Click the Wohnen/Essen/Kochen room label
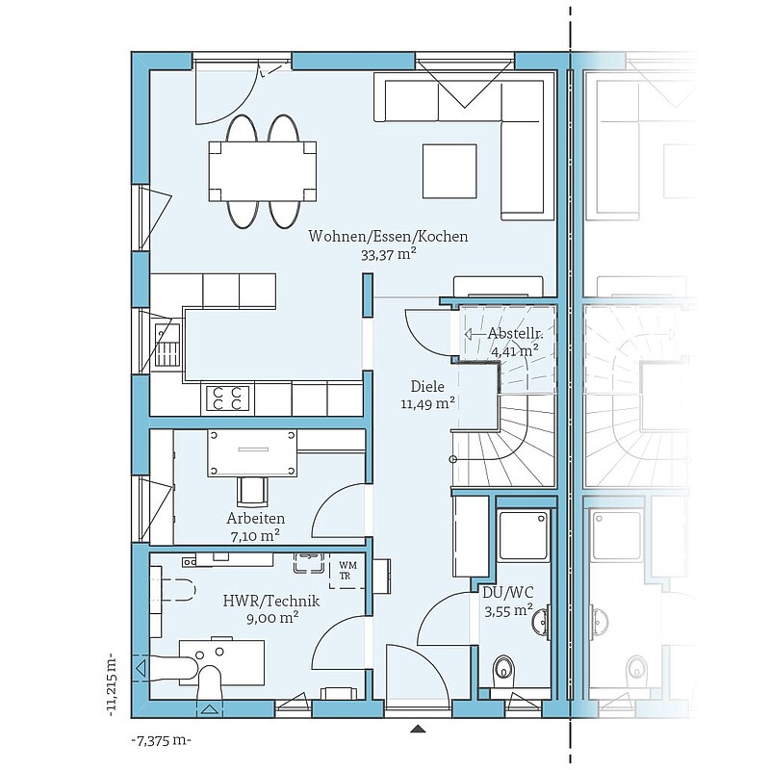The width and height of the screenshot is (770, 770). [388, 236]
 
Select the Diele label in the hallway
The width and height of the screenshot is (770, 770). [427, 387]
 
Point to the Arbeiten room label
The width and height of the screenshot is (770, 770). [255, 518]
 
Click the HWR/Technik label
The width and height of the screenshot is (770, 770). [271, 601]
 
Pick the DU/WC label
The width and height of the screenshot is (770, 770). [508, 593]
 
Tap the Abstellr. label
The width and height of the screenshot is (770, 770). [515, 334]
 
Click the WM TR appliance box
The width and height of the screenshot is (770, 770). [346, 571]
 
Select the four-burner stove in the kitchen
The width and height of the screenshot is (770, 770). [227, 398]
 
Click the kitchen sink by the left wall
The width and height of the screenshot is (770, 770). [167, 346]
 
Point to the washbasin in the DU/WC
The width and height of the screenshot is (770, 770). [541, 621]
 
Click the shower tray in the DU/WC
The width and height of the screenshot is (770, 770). [523, 536]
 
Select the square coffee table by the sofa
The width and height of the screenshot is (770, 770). [449, 171]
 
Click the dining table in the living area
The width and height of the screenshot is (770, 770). [262, 171]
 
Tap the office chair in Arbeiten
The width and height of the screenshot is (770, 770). [252, 491]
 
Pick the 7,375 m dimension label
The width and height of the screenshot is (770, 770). [162, 740]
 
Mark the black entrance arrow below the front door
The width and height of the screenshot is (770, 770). [418, 730]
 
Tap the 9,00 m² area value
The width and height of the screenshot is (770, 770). [272, 618]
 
